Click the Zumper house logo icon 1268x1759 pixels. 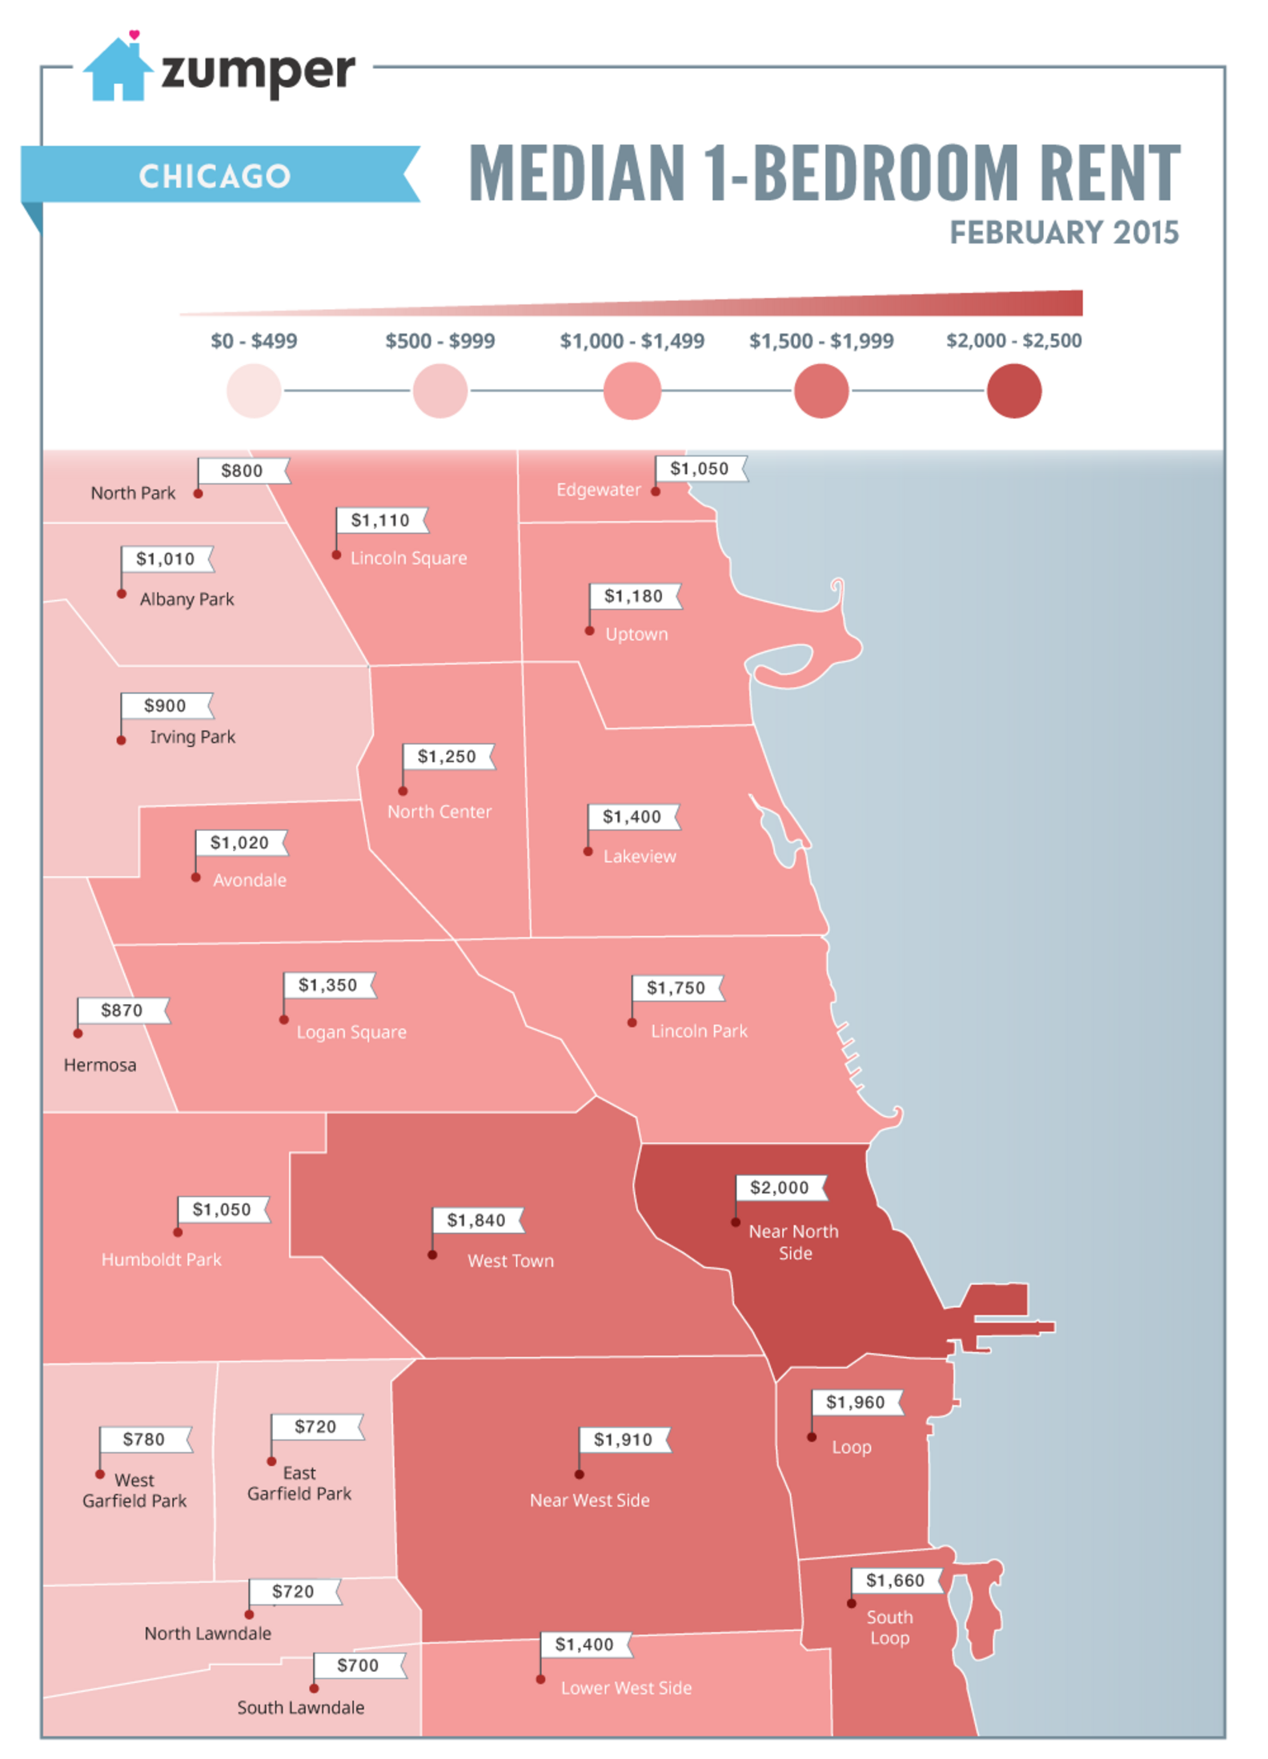pyautogui.click(x=118, y=70)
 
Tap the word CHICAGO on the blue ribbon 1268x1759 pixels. pyautogui.click(x=215, y=176)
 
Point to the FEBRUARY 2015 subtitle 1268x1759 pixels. pyautogui.click(x=1063, y=233)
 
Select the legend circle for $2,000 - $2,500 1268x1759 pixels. pyautogui.click(x=1013, y=391)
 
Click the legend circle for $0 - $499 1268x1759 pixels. pyautogui.click(x=254, y=391)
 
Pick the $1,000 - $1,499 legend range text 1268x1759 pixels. pyautogui.click(x=632, y=341)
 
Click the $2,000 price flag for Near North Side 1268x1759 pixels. pyautogui.click(x=780, y=1187)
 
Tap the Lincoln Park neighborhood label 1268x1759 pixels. pyautogui.click(x=699, y=1031)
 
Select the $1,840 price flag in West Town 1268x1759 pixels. pyautogui.click(x=476, y=1220)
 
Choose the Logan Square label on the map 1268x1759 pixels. pyautogui.click(x=351, y=1033)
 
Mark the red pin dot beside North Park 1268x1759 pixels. pyautogui.click(x=198, y=494)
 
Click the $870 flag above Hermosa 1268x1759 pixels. pyautogui.click(x=122, y=1010)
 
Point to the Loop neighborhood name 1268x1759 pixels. pyautogui.click(x=851, y=1448)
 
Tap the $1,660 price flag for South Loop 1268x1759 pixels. pyautogui.click(x=895, y=1580)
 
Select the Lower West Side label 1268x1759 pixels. pyautogui.click(x=626, y=1688)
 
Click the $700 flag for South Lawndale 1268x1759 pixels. pyautogui.click(x=357, y=1665)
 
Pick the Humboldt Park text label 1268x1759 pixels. pyautogui.click(x=161, y=1259)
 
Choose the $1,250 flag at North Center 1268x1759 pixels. pyautogui.click(x=447, y=757)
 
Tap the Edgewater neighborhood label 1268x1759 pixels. pyautogui.click(x=598, y=490)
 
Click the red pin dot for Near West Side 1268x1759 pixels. pyautogui.click(x=579, y=1474)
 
